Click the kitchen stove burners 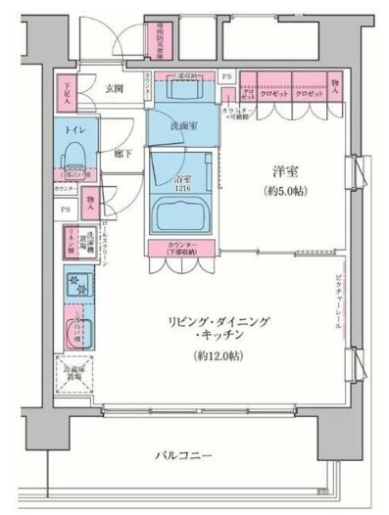[x=76, y=285]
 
